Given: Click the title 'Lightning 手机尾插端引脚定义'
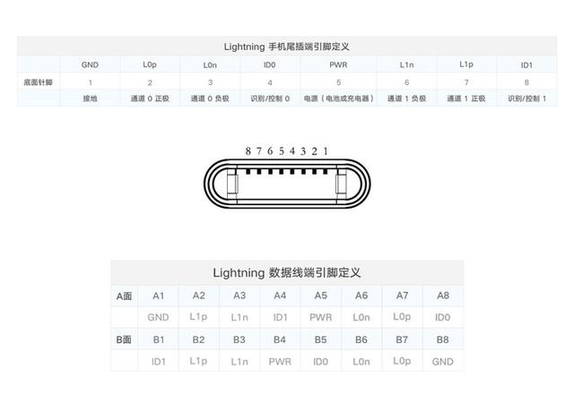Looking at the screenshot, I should [x=287, y=46].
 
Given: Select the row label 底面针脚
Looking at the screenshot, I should [x=38, y=82].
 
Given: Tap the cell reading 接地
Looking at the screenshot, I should [x=90, y=99].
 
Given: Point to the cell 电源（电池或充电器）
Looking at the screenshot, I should [x=338, y=99].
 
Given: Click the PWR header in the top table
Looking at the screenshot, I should [x=338, y=65].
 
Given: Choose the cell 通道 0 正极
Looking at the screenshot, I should [x=150, y=99].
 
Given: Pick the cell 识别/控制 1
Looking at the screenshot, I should [x=526, y=99].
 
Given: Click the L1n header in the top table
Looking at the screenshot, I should [x=406, y=65].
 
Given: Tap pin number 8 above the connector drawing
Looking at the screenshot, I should [x=248, y=151].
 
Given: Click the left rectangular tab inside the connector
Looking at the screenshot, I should [x=231, y=185].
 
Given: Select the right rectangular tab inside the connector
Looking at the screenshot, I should [x=341, y=185].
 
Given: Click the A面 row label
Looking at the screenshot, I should [x=124, y=296].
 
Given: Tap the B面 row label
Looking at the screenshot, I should [x=124, y=339].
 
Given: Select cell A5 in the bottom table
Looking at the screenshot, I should [x=320, y=296].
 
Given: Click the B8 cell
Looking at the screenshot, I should [x=442, y=339].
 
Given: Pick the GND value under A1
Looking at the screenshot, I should [x=158, y=317].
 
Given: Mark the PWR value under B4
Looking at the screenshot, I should [x=280, y=361].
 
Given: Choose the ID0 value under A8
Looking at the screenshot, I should [x=442, y=317].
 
